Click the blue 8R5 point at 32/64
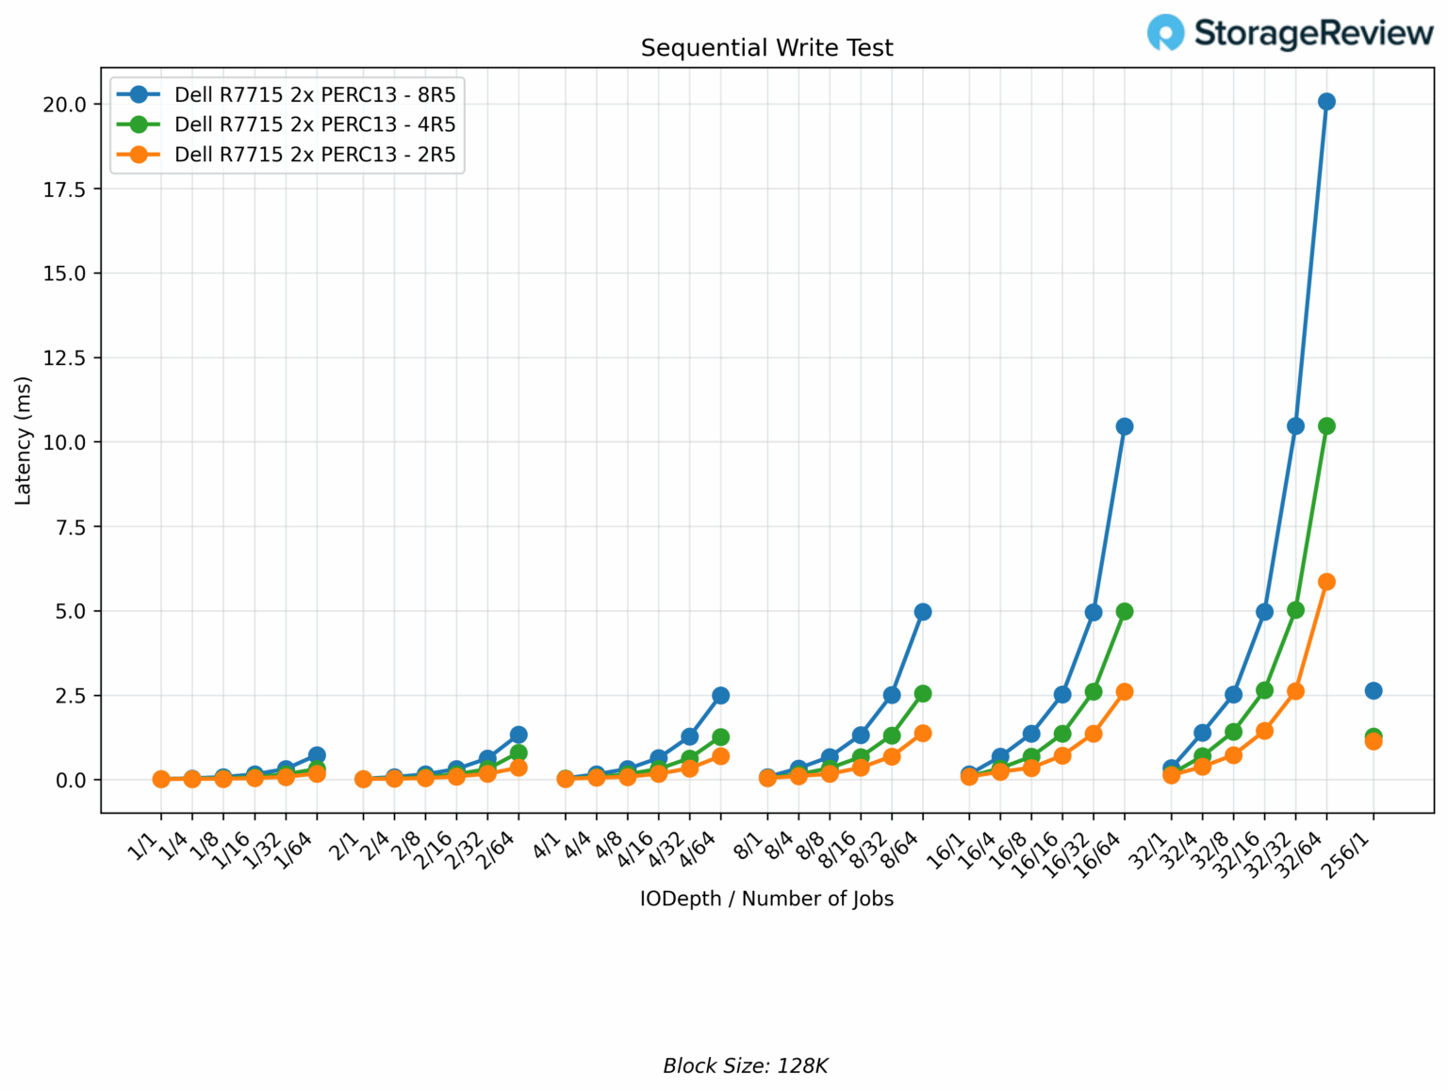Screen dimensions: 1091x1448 point(1326,102)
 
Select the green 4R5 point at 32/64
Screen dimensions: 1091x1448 point(1326,426)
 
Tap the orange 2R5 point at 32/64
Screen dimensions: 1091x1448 point(1326,582)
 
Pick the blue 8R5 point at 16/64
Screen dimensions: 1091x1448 point(1125,426)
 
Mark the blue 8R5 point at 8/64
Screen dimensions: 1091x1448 point(923,612)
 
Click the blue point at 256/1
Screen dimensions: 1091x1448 point(1374,691)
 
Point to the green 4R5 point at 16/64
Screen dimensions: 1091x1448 point(1125,612)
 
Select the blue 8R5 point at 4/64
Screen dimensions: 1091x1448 point(721,696)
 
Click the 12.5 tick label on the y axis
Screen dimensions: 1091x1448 point(65,357)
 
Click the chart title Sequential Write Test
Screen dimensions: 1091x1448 point(766,48)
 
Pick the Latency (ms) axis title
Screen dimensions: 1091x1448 point(24,440)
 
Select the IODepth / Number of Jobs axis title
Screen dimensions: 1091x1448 point(766,899)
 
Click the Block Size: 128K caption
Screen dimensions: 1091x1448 point(745,1066)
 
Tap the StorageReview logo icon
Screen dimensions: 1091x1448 point(1166,33)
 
